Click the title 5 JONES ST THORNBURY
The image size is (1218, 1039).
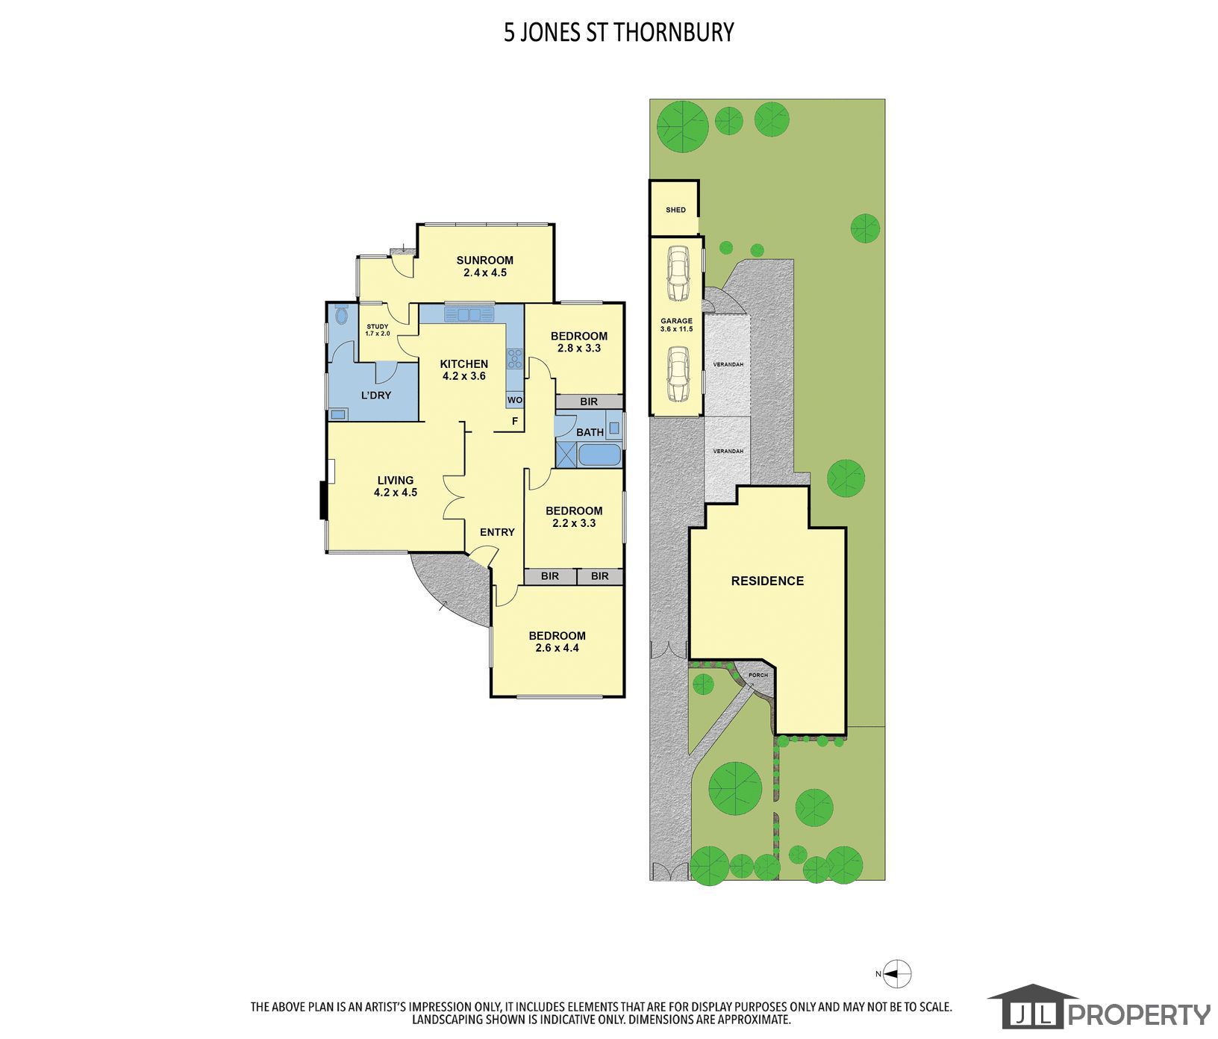(619, 32)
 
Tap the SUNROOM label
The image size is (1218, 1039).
(485, 266)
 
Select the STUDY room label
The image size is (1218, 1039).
(378, 329)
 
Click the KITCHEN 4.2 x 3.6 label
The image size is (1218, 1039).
(464, 370)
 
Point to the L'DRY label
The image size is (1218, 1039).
(376, 395)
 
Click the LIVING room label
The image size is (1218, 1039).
(396, 486)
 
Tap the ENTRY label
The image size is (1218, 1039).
(497, 532)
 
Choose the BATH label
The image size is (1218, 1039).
(590, 432)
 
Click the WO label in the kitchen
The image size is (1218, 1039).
(515, 400)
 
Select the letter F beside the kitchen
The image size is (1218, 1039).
(514, 421)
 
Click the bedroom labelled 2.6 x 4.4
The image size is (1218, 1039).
(557, 642)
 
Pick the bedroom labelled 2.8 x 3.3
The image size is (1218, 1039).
(579, 342)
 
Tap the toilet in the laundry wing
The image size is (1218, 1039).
(342, 315)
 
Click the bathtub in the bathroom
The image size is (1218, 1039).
(599, 454)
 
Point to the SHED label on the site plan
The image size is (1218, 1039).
(675, 210)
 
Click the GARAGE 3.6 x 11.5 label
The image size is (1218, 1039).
(676, 325)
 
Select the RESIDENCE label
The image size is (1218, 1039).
(767, 581)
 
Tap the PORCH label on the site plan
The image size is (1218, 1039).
(758, 675)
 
